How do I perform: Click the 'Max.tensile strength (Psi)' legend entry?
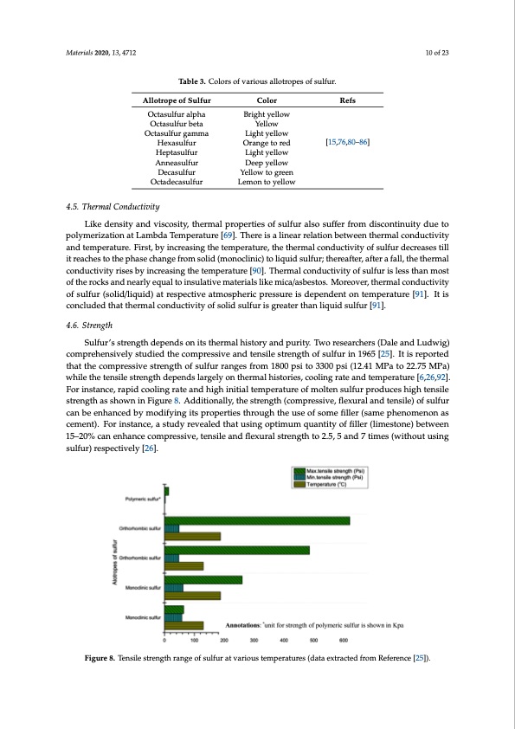tap(353, 471)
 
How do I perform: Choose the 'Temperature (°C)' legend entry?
tap(346, 485)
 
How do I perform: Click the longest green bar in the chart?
tap(257, 520)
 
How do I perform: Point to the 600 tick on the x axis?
tap(343, 640)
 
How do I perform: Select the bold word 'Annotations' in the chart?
tap(249, 623)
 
